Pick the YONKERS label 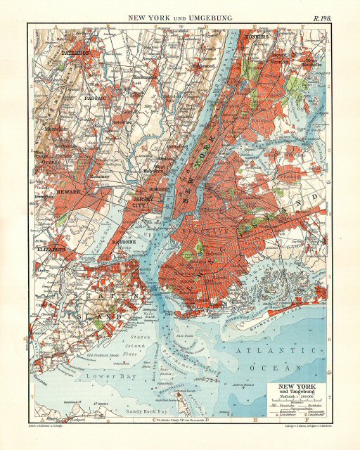pos(256,33)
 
